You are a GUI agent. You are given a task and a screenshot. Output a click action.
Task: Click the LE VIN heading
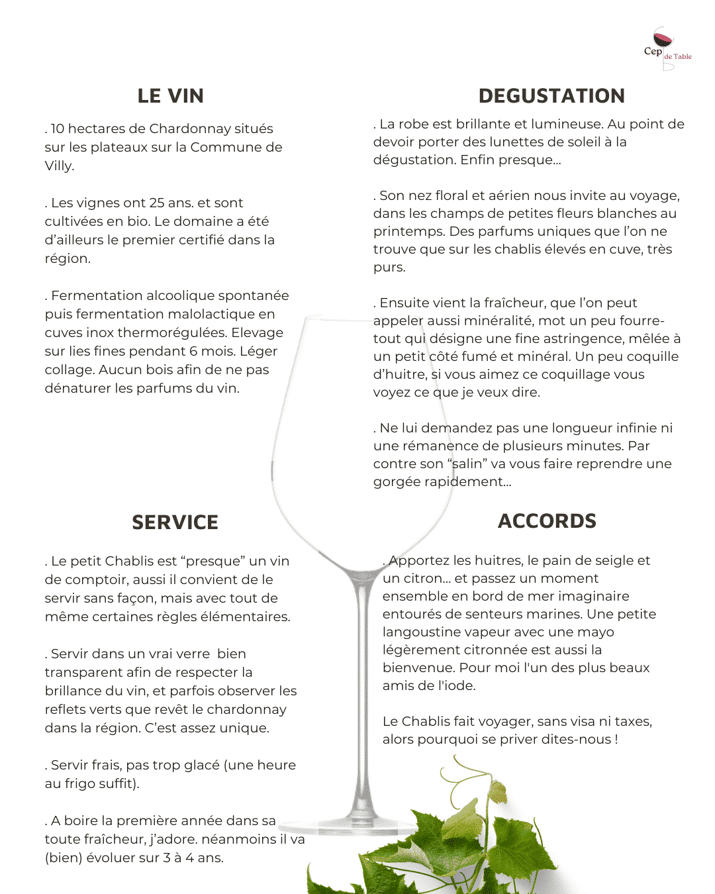(x=170, y=96)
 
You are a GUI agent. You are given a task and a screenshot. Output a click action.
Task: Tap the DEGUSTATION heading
(x=551, y=96)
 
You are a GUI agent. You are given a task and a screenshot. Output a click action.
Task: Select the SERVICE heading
(x=175, y=522)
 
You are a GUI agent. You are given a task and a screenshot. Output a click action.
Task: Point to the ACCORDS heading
(x=547, y=521)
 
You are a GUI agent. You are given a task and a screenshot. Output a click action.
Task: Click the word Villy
(x=58, y=166)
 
